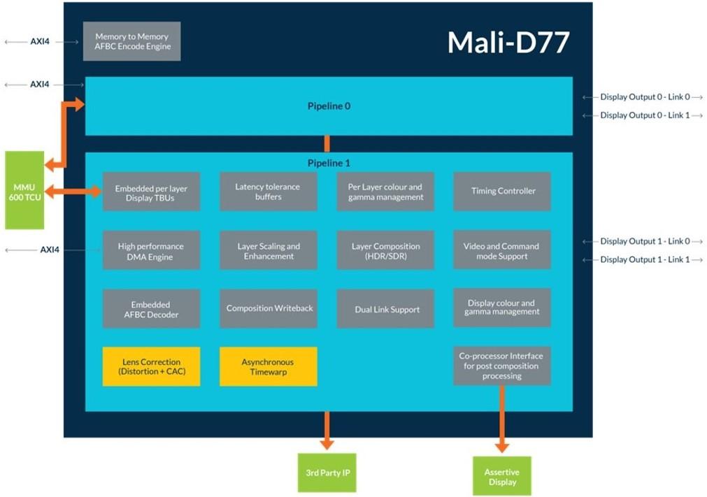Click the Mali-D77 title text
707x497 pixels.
pos(508,43)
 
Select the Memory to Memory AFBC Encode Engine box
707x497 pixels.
pos(132,41)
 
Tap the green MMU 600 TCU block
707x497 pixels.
pos(24,190)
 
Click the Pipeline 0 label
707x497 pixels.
pos(329,106)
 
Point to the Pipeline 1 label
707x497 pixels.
pos(329,163)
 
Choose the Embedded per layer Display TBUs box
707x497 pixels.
pos(151,192)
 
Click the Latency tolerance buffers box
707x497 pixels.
pos(268,192)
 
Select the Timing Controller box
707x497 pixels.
pos(502,191)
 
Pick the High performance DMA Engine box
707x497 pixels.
pos(151,251)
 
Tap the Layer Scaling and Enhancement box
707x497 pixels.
pos(268,251)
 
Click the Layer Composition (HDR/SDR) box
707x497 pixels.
pos(385,251)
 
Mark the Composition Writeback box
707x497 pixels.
pos(269,308)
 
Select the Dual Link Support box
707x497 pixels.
pos(385,309)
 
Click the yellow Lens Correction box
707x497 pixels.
pos(151,366)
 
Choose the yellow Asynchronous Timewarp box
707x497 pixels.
pos(268,366)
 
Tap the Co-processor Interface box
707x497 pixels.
pos(502,366)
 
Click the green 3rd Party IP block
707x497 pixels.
pos(327,473)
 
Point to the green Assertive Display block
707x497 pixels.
pos(502,477)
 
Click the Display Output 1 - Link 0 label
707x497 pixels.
pos(644,241)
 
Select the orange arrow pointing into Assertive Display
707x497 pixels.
pos(502,419)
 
